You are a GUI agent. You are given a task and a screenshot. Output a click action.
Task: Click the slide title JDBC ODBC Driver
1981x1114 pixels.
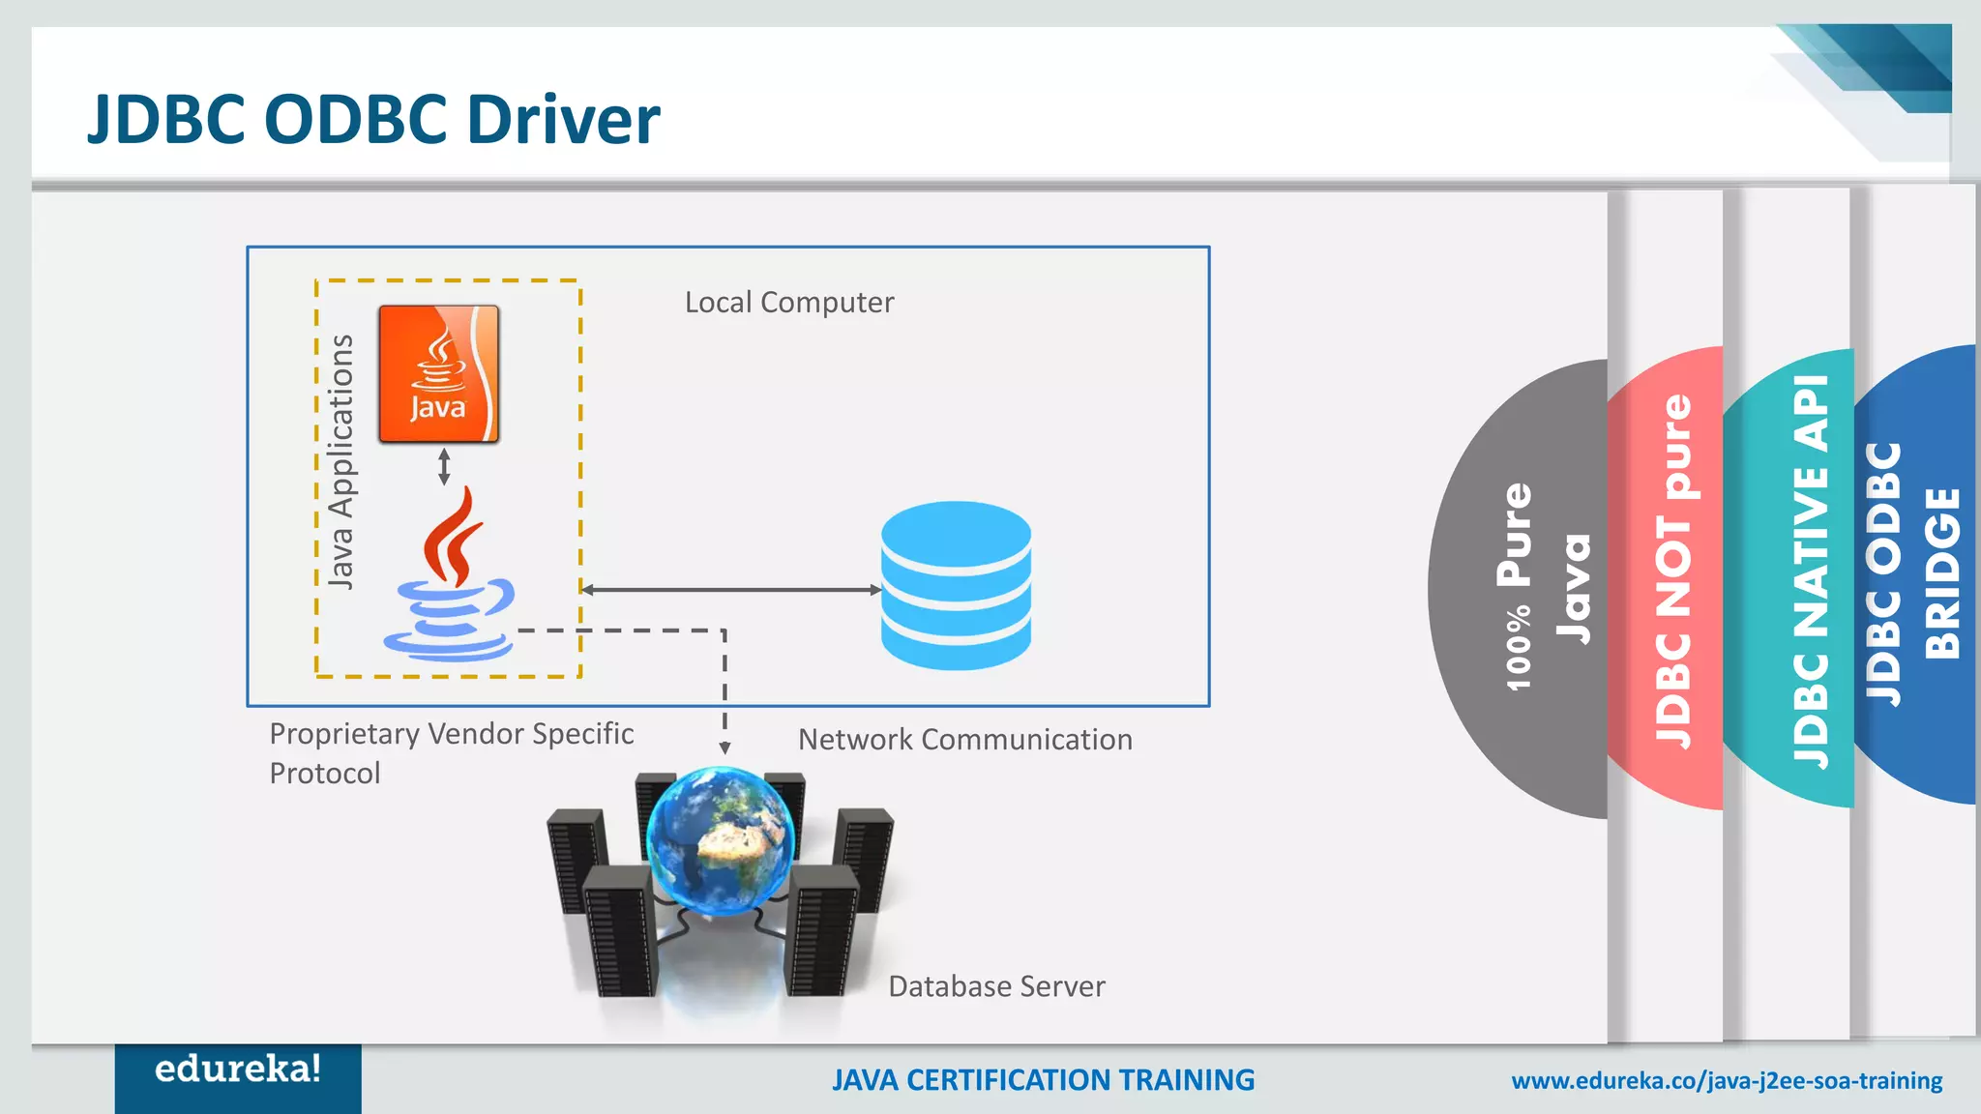tap(373, 120)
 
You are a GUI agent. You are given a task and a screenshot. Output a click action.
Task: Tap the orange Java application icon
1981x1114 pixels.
tap(439, 374)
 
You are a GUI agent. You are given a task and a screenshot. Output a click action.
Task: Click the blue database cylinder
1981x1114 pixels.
tap(956, 585)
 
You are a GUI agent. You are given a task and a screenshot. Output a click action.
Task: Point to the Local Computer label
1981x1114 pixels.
tap(789, 303)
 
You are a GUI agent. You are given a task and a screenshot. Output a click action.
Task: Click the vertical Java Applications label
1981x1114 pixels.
tap(340, 461)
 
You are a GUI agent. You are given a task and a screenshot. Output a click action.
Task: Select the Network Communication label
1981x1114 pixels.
tap(964, 740)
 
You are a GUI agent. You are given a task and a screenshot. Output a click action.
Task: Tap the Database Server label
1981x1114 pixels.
tap(996, 986)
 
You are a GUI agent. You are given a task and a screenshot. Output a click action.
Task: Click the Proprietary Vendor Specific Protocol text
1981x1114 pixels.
tap(451, 752)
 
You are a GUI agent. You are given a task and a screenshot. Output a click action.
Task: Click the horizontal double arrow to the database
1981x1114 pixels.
tap(731, 589)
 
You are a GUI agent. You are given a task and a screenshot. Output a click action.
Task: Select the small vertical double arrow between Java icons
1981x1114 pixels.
tap(444, 466)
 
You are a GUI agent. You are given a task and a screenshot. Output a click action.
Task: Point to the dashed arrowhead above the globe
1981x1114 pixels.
tap(724, 748)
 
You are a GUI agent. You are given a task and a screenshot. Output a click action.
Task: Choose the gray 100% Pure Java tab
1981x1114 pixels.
tap(1528, 588)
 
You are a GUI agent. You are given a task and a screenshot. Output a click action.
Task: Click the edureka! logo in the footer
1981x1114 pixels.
tap(238, 1070)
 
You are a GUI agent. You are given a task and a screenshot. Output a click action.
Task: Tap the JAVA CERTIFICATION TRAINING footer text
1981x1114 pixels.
tap(1043, 1080)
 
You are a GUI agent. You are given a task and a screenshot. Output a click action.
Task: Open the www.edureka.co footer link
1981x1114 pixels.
tap(1727, 1081)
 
